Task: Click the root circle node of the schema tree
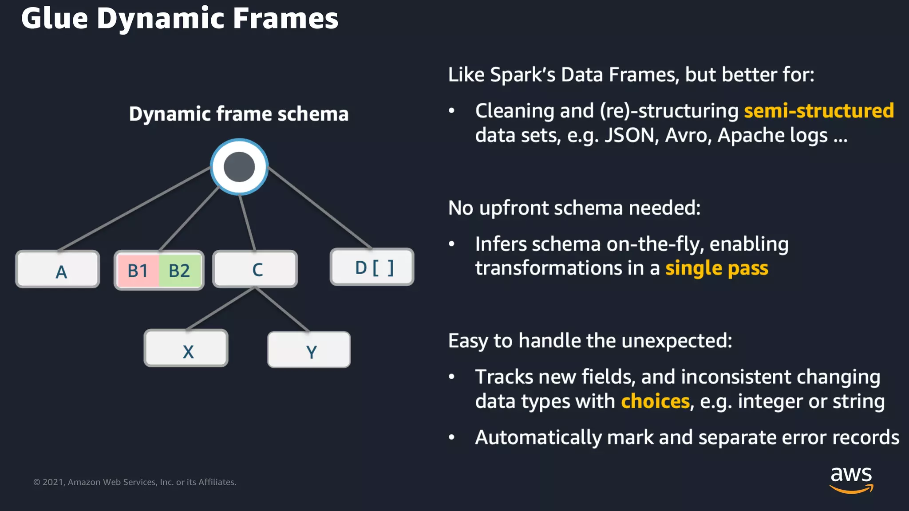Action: point(239,167)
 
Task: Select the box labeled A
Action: point(58,270)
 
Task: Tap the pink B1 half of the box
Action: point(138,270)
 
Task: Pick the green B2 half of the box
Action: point(180,270)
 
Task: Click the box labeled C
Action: point(255,269)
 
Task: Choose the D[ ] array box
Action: point(372,267)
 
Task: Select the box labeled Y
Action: point(309,350)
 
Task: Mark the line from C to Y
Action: point(283,310)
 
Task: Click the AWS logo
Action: point(851,479)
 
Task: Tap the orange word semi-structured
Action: point(818,110)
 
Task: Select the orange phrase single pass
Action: point(716,268)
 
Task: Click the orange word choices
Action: point(655,401)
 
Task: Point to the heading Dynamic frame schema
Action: point(239,114)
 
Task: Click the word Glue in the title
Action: point(55,19)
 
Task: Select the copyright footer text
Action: point(134,482)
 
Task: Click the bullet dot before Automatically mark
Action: point(451,438)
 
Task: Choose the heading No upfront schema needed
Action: point(574,208)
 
